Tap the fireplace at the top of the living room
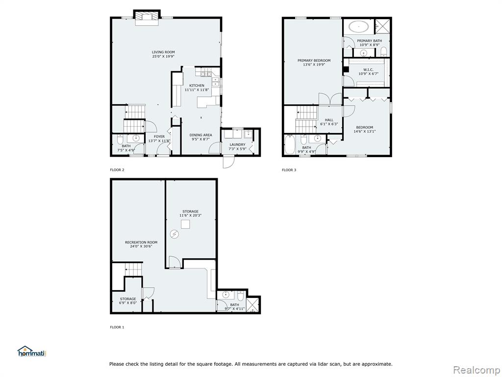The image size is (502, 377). point(146,18)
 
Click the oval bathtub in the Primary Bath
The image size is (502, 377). point(358,27)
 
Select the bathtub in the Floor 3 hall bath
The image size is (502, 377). point(289,145)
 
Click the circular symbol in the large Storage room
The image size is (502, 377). point(174,234)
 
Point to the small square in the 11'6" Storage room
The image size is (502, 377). point(185,224)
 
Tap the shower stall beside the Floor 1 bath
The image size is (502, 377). point(252,305)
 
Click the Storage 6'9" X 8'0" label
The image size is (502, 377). point(128,300)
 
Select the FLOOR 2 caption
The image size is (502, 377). point(117,170)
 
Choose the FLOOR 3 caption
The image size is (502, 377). point(289,170)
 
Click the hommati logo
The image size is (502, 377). point(32,351)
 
